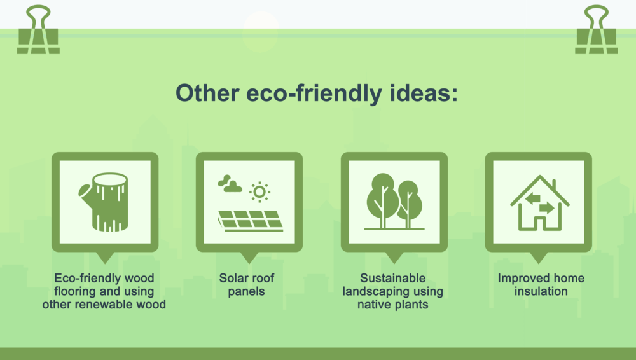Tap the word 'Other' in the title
[207, 93]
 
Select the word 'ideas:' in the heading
[424, 93]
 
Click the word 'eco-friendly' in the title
[314, 93]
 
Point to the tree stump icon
[105, 202]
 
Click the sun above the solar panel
[259, 191]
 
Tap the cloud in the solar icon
[230, 184]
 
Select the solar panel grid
[250, 221]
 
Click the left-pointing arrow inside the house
[532, 198]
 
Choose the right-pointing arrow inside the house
[547, 208]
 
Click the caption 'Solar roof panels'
[247, 284]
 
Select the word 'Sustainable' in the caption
[393, 278]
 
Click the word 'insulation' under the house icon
[541, 291]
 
